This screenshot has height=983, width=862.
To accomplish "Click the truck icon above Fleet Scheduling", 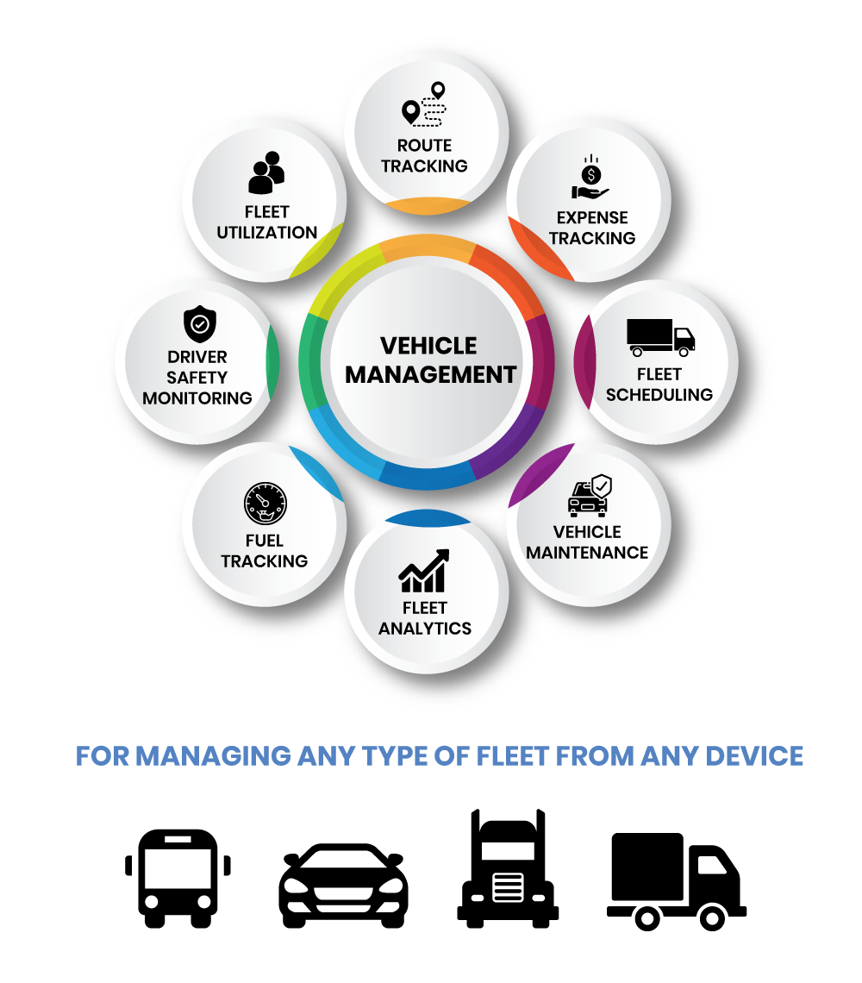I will click(x=660, y=337).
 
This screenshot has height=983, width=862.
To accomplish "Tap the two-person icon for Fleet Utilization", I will click(x=266, y=172).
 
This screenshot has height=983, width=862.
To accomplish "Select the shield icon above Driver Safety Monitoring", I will click(x=199, y=325).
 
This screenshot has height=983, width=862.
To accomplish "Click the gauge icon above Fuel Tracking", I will click(x=265, y=504).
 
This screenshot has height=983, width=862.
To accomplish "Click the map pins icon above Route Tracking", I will click(x=424, y=105).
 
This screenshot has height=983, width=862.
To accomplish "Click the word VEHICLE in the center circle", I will click(x=428, y=346).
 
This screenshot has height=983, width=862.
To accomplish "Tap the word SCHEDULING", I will click(x=659, y=395).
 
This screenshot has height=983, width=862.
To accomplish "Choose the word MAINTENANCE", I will click(x=587, y=552).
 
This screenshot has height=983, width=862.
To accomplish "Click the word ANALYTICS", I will click(x=425, y=629).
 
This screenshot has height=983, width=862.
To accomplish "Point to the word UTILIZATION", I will click(x=267, y=233).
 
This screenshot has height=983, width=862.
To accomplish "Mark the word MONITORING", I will click(x=197, y=398).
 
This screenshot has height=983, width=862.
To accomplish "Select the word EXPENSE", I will click(x=592, y=217).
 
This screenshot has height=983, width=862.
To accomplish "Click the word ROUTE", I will click(x=424, y=145).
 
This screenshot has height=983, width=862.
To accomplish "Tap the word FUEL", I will click(x=265, y=541).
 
